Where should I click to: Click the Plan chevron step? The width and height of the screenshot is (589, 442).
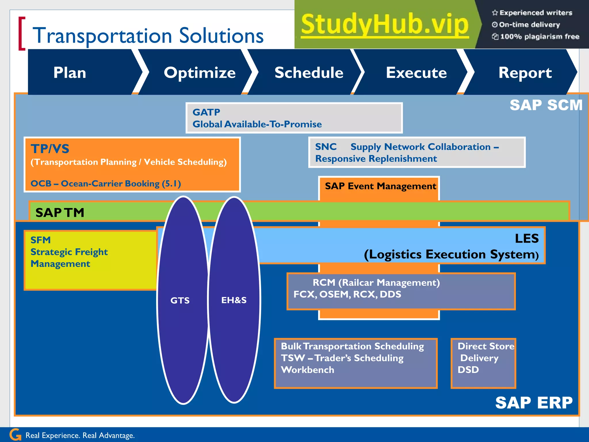tap(70, 73)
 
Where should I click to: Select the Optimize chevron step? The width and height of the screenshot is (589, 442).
tap(200, 73)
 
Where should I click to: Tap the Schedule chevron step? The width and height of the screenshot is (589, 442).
tap(309, 73)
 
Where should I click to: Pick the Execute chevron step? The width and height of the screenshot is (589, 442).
tap(416, 73)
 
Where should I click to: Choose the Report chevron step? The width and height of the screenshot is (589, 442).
tap(525, 73)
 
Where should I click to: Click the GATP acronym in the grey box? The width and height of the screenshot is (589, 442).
tap(206, 112)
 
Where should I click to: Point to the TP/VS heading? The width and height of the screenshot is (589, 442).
tap(50, 149)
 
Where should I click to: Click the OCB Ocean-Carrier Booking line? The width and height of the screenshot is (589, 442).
tap(106, 184)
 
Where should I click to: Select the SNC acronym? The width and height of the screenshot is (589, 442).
tap(326, 147)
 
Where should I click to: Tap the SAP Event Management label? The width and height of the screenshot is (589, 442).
tap(380, 186)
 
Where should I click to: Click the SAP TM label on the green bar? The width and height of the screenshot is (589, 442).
tap(60, 213)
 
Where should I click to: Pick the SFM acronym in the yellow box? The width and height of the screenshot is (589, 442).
tap(41, 240)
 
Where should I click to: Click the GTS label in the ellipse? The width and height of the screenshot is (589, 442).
tap(180, 300)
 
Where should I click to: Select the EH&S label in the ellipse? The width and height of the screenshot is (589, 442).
tap(234, 300)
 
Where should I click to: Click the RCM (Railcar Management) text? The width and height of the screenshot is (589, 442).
tap(376, 283)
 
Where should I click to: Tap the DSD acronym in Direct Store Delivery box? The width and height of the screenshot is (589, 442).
tap(468, 369)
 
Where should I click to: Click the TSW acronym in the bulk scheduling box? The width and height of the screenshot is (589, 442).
tap(293, 358)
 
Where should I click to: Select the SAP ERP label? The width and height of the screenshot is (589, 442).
tap(534, 403)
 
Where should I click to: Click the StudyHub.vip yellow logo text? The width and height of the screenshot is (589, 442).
tap(385, 24)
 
